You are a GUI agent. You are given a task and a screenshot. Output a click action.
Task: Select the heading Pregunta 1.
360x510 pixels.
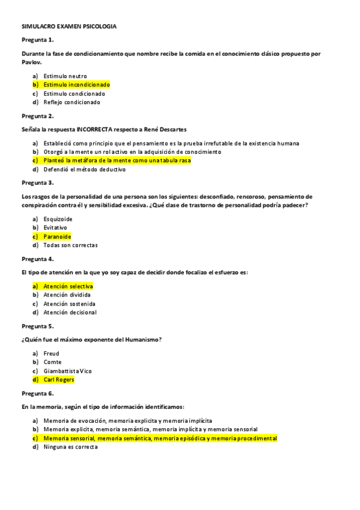(38, 40)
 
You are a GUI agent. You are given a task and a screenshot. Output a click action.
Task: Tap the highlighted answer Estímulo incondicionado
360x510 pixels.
(76, 85)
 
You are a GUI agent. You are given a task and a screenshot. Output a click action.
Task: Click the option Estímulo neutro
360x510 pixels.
(65, 76)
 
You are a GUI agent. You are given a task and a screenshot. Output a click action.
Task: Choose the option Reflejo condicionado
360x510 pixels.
(72, 102)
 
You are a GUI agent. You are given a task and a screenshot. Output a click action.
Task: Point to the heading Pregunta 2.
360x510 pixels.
(38, 115)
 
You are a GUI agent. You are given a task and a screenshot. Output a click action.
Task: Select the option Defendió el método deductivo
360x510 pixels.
(84, 170)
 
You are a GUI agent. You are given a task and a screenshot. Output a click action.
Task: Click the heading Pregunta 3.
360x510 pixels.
(38, 183)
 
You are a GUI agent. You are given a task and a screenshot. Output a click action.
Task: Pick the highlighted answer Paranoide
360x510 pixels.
(57, 236)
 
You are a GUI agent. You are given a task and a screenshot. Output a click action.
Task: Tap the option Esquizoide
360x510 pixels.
(58, 220)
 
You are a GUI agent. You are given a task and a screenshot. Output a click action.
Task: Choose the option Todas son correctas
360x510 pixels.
(70, 245)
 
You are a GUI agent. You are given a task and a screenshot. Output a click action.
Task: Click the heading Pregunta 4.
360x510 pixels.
(38, 259)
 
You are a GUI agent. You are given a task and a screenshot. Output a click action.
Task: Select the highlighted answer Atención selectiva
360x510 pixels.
(68, 286)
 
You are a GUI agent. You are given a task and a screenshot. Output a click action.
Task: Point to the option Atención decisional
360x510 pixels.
(70, 312)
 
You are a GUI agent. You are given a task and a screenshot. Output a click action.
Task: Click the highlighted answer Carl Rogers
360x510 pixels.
(58, 379)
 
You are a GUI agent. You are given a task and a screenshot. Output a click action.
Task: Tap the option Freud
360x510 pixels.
(51, 354)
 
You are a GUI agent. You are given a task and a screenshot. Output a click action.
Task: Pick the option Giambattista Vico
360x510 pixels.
(67, 371)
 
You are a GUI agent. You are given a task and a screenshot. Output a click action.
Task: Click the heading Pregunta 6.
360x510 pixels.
(38, 393)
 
